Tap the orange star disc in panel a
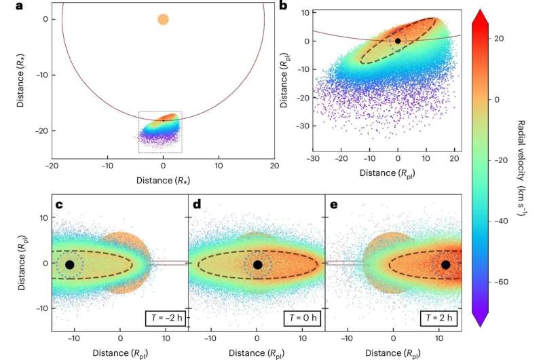(x=163, y=19)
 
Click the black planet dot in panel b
(x=398, y=41)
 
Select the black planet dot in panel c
(x=69, y=264)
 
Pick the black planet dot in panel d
(x=257, y=264)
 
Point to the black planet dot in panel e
(x=445, y=264)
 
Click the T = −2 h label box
(x=163, y=317)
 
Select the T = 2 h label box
(x=438, y=317)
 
